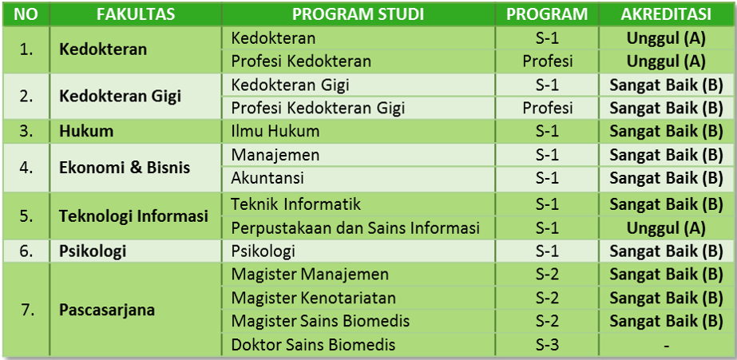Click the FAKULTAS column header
(x=136, y=14)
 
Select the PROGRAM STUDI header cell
(x=359, y=14)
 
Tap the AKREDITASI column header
(x=666, y=14)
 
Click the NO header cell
(x=26, y=14)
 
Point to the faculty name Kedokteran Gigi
(x=121, y=97)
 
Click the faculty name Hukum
(x=86, y=131)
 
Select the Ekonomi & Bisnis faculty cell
(x=125, y=168)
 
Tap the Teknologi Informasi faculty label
(x=134, y=216)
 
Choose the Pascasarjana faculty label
(x=107, y=311)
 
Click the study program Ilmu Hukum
(x=275, y=131)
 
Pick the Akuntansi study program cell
(x=267, y=178)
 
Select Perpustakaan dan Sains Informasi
(x=355, y=228)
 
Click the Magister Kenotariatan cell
(x=314, y=298)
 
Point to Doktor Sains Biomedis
(x=313, y=345)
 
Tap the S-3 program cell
(x=548, y=345)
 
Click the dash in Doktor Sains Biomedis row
(x=666, y=346)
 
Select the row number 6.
(x=27, y=251)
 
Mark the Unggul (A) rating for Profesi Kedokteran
(x=666, y=61)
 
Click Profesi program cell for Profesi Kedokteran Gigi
(x=548, y=109)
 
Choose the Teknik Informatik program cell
(x=548, y=204)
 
